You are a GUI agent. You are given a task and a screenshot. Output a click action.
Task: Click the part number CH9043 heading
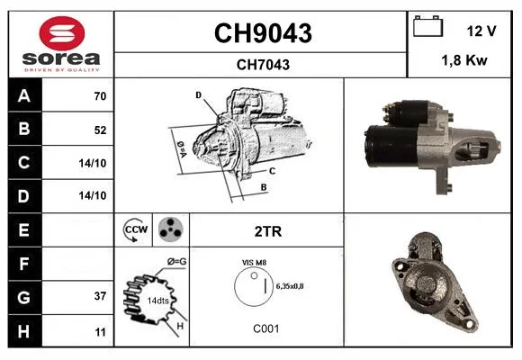[263, 33]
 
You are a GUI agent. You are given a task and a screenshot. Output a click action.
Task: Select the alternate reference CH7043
[263, 65]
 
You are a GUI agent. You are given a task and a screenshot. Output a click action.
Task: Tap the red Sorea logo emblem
[62, 33]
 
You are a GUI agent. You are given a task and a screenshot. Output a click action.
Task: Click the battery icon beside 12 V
[428, 26]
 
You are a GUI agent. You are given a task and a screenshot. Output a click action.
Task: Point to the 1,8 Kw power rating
[464, 60]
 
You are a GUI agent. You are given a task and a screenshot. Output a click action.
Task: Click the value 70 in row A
[100, 96]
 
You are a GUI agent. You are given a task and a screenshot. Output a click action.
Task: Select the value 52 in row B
[100, 130]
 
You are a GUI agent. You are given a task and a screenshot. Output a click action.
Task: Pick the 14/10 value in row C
[93, 163]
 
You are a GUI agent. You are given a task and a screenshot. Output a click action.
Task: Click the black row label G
[24, 297]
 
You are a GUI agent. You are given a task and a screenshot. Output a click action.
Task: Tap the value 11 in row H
[101, 332]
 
